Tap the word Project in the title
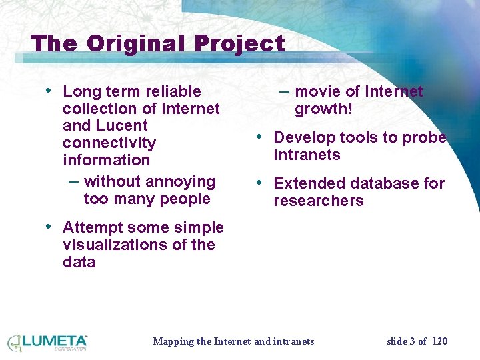(x=240, y=43)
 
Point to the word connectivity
(x=109, y=143)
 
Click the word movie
(x=316, y=91)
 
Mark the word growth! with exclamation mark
(x=323, y=109)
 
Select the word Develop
(x=304, y=137)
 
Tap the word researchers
(x=319, y=201)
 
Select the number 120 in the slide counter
(x=440, y=341)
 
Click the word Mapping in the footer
(x=172, y=341)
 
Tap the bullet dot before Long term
(x=48, y=90)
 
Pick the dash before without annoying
(x=74, y=181)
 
